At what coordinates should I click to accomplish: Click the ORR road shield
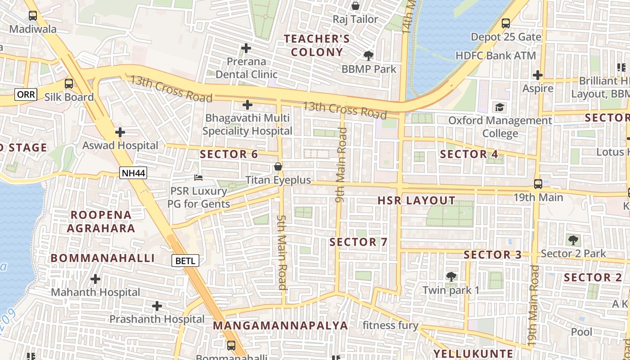(23, 94)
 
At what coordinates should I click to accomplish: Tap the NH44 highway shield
(134, 172)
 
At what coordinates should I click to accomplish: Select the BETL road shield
(185, 260)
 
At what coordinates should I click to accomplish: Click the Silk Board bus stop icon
(68, 84)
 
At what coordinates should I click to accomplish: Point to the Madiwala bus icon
(33, 16)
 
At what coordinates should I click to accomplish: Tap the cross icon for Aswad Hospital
(120, 132)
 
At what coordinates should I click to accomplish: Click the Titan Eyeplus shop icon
(278, 167)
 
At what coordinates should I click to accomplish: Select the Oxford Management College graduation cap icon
(499, 107)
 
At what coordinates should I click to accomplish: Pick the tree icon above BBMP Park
(369, 56)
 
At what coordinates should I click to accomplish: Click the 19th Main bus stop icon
(538, 184)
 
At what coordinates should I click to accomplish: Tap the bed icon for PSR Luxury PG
(198, 178)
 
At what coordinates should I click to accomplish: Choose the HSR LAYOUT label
(416, 201)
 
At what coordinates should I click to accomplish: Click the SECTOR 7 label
(358, 242)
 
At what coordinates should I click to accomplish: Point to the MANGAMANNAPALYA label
(280, 325)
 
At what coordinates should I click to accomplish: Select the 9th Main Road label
(342, 165)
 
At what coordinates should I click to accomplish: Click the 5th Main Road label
(282, 252)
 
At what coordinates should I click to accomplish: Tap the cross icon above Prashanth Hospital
(157, 306)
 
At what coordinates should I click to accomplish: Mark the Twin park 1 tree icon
(451, 276)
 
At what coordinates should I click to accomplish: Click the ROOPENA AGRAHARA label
(101, 221)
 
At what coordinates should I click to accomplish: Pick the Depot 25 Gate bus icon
(506, 23)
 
